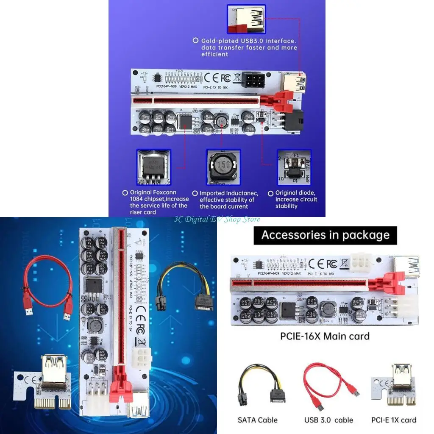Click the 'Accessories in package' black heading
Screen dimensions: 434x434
pyautogui.click(x=325, y=235)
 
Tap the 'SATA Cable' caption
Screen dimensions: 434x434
pyautogui.click(x=258, y=420)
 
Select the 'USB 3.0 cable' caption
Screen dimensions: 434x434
pyautogui.click(x=328, y=420)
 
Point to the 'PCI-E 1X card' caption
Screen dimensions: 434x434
pyautogui.click(x=394, y=420)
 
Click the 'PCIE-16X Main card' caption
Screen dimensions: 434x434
pyautogui.click(x=325, y=337)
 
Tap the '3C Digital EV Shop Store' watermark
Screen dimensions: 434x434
pyautogui.click(x=217, y=219)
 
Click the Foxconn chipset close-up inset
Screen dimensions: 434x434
pyautogui.click(x=153, y=167)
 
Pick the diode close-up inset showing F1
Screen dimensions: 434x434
pyautogui.click(x=294, y=167)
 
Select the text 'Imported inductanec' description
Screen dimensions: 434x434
pyautogui.click(x=227, y=200)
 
